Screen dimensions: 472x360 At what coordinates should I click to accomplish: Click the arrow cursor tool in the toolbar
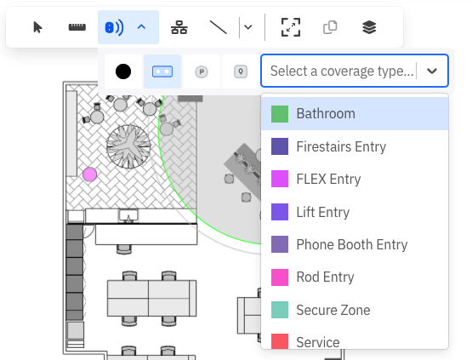pyautogui.click(x=37, y=27)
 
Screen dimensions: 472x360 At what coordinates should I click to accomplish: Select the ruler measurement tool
pyautogui.click(x=77, y=27)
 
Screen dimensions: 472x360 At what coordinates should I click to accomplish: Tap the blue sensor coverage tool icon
pyautogui.click(x=114, y=28)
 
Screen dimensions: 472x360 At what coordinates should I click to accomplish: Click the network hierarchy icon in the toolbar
pyautogui.click(x=179, y=27)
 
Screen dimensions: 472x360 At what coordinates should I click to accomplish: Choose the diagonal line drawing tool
pyautogui.click(x=219, y=27)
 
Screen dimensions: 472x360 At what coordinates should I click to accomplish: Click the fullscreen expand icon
pyautogui.click(x=291, y=27)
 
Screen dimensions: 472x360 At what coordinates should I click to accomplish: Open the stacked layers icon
pyautogui.click(x=369, y=27)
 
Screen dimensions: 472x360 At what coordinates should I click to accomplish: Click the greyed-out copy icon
pyautogui.click(x=330, y=27)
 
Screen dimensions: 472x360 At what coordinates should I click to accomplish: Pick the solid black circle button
pyautogui.click(x=123, y=71)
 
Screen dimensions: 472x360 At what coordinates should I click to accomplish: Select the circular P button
pyautogui.click(x=202, y=71)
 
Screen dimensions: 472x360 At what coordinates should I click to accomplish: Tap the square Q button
pyautogui.click(x=241, y=71)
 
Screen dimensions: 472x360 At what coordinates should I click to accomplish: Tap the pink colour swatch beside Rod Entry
pyautogui.click(x=280, y=277)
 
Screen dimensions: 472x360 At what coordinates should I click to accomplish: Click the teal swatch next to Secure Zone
pyautogui.click(x=280, y=310)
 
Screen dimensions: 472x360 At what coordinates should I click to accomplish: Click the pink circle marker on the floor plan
pyautogui.click(x=89, y=174)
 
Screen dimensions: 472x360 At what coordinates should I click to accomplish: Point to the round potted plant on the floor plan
pyautogui.click(x=128, y=146)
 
